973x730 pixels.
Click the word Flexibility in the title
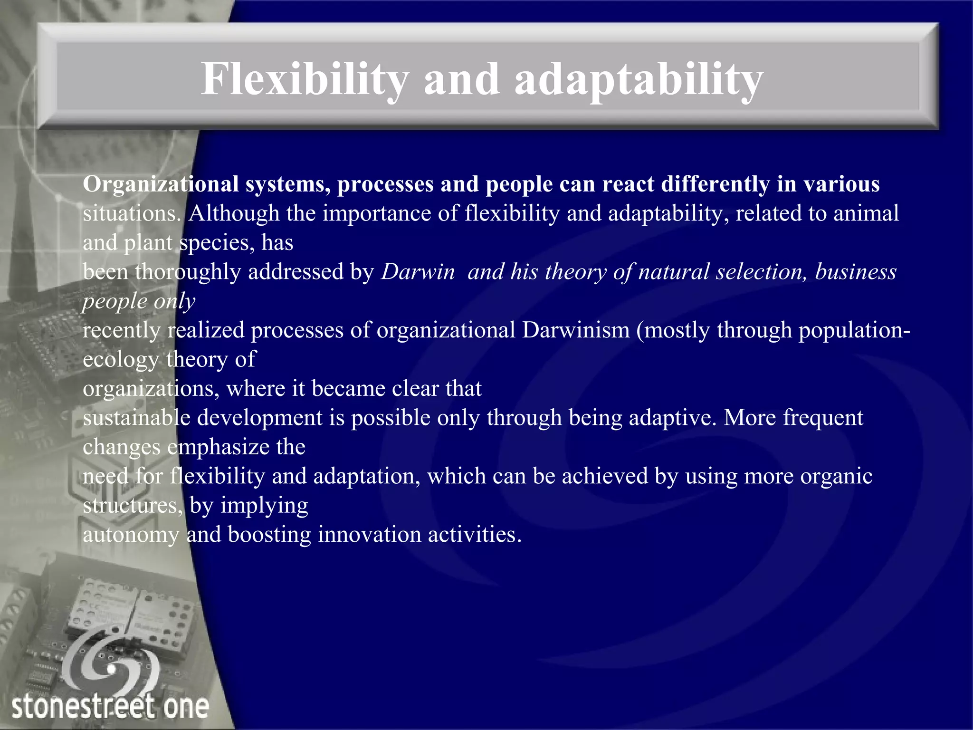click(x=305, y=79)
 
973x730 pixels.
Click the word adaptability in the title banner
click(x=639, y=79)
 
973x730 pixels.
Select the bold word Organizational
click(x=161, y=184)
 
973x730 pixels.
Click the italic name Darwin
click(x=418, y=272)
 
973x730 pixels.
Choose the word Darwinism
click(x=575, y=330)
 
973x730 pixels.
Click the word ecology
click(x=121, y=360)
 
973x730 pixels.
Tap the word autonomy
click(x=131, y=535)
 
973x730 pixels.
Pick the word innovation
click(x=369, y=535)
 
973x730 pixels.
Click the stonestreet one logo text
click(x=110, y=707)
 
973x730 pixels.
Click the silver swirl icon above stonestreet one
click(x=110, y=663)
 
